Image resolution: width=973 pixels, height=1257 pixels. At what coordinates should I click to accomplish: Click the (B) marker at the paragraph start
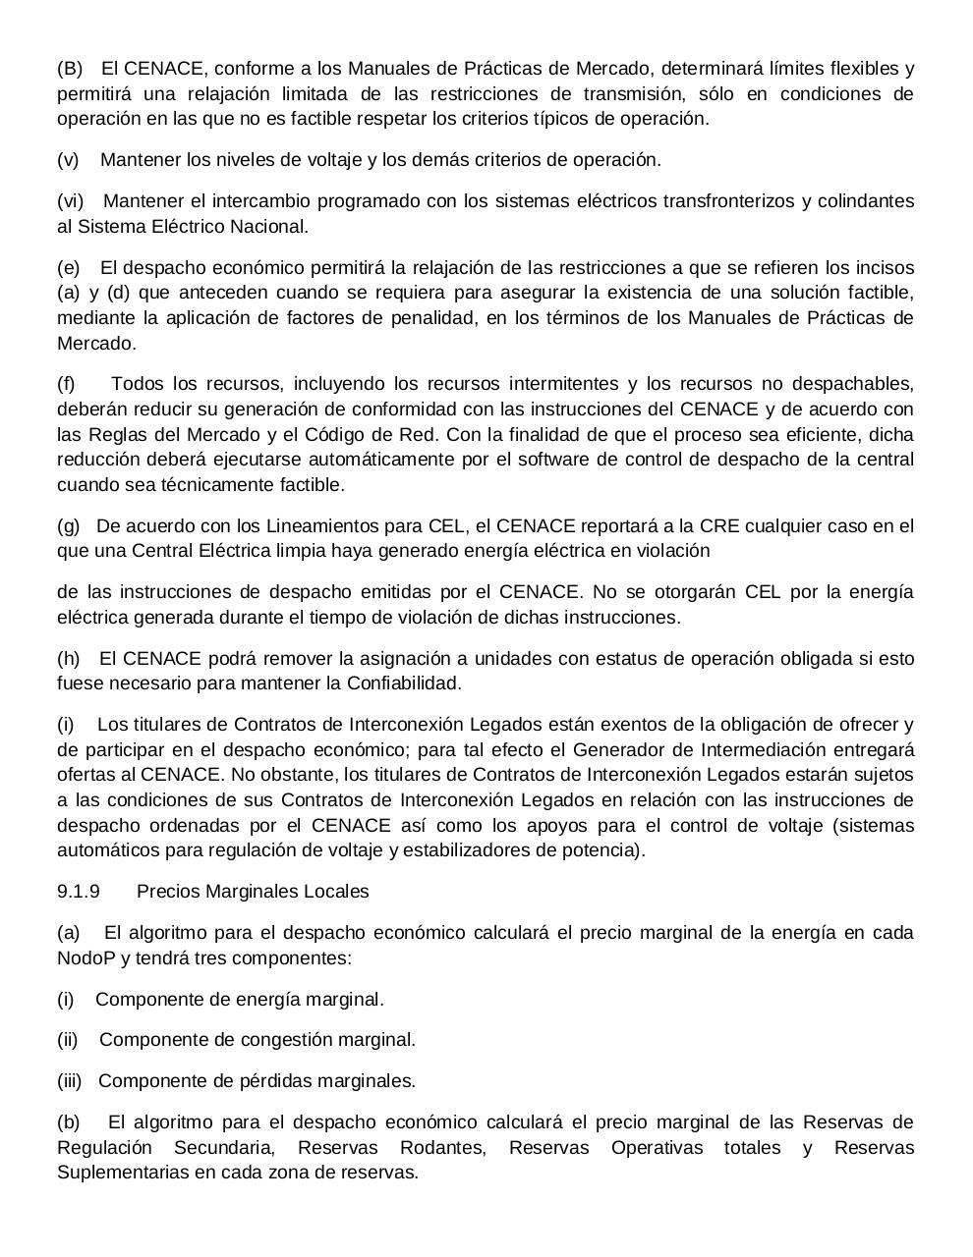pos(71,69)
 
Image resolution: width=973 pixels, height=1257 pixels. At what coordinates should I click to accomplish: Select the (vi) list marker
pos(71,201)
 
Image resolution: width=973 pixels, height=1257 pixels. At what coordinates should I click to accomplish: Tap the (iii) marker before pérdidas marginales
pos(71,1081)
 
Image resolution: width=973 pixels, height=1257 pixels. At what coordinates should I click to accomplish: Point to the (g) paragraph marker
pos(68,526)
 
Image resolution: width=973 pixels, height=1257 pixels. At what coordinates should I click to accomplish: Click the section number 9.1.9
pos(79,892)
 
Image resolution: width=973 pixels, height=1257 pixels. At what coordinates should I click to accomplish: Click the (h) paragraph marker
pos(68,659)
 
